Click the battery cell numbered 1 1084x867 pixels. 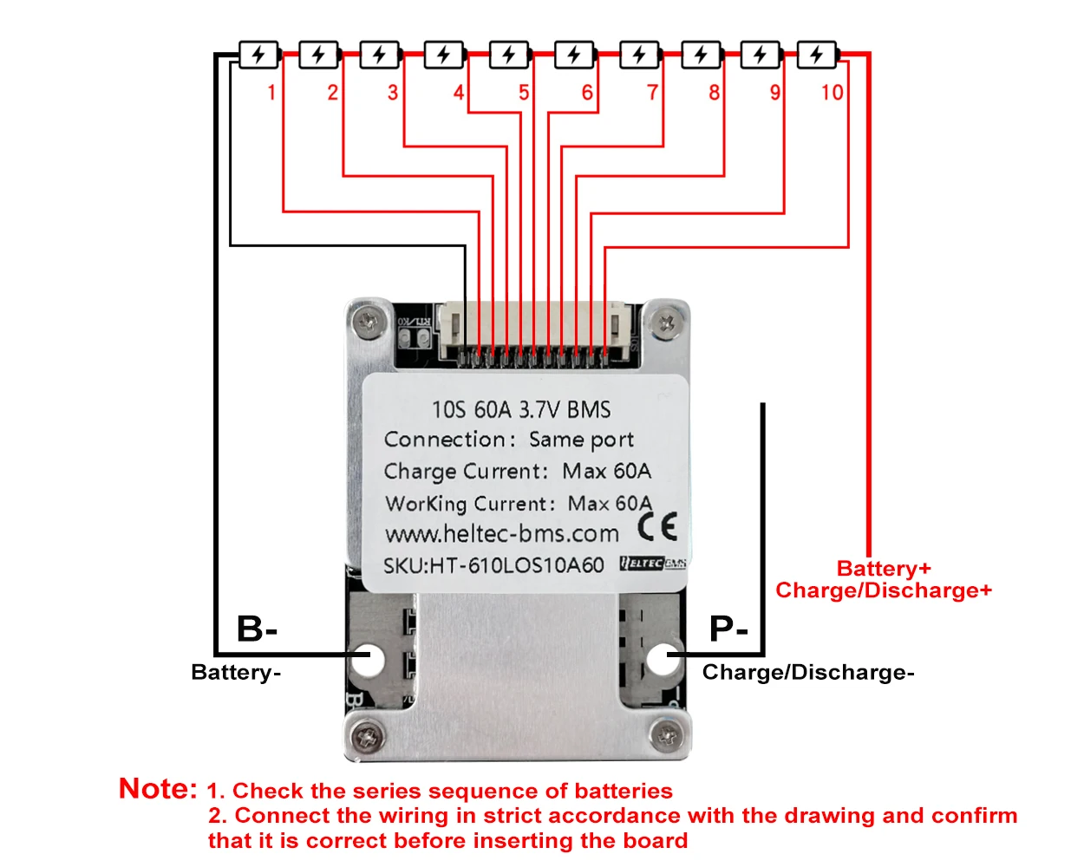258,55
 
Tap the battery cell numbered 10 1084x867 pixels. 817,55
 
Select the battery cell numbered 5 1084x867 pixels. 509,55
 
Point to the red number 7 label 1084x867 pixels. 653,92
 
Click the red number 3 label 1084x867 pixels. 393,92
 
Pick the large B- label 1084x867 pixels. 257,629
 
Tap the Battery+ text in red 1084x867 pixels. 884,569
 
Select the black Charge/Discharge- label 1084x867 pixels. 808,673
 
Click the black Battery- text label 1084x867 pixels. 236,673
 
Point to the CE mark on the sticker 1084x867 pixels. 656,526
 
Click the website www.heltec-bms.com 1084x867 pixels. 502,533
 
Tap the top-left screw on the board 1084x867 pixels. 370,323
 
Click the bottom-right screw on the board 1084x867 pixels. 665,736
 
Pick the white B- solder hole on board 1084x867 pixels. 369,660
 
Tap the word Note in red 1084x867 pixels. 158,789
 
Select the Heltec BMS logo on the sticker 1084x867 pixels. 653,564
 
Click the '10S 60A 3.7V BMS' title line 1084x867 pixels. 521,409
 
